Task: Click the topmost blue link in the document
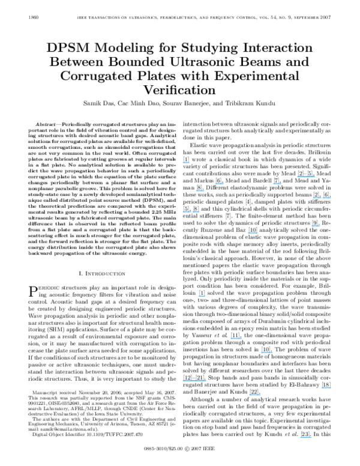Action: [186, 163]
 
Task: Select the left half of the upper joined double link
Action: [301, 177]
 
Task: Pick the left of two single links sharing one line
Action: [219, 184]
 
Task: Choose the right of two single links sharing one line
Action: [277, 184]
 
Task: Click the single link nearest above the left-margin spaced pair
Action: [200, 191]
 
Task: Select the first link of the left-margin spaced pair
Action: [187, 212]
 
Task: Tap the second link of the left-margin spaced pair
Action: [196, 212]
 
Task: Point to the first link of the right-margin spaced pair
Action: [317, 198]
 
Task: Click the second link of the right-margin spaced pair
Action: [327, 198]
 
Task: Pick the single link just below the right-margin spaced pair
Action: [316, 226]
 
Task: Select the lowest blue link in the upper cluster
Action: [253, 233]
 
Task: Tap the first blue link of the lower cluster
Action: [202, 296]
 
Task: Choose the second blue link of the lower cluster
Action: [236, 339]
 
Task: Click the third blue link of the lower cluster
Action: [267, 353]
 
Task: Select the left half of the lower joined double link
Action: [188, 381]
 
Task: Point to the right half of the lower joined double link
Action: [200, 381]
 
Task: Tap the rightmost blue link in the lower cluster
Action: [326, 388]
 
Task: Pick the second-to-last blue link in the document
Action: [255, 395]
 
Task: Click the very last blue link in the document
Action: [305, 437]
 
